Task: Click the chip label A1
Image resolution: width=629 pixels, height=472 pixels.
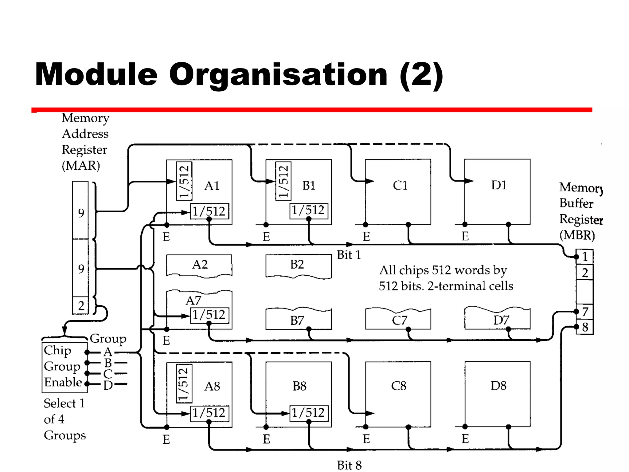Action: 212,186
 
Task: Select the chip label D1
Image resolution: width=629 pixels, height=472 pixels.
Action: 499,185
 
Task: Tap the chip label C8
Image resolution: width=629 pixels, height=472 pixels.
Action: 399,386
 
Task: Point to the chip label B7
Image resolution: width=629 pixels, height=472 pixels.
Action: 297,321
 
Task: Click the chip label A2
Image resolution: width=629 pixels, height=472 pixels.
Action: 200,264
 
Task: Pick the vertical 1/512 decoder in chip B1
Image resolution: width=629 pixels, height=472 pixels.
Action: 283,181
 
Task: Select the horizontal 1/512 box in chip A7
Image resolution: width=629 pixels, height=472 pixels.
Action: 209,315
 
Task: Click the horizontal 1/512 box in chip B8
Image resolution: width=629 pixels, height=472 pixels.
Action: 309,413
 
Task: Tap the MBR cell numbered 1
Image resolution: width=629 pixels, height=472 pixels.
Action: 585,257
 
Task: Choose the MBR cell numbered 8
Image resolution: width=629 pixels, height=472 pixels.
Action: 585,327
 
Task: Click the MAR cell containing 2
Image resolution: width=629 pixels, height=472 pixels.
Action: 81,305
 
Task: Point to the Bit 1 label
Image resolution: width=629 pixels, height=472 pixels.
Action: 349,255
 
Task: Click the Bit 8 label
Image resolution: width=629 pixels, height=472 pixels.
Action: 349,465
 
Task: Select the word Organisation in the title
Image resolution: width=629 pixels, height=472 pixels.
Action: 278,74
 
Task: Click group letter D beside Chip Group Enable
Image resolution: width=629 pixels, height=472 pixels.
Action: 108,385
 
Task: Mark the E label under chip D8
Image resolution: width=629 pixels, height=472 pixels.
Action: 465,439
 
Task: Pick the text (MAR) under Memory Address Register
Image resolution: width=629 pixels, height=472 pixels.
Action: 81,166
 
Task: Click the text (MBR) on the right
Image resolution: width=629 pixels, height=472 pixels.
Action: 577,235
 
